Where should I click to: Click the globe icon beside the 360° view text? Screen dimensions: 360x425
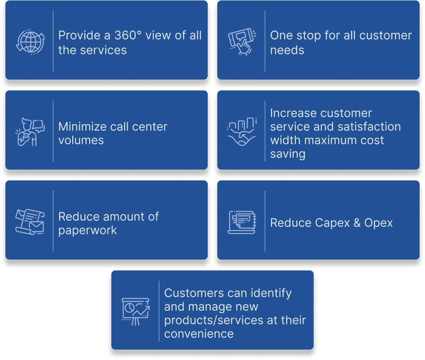pos(30,41)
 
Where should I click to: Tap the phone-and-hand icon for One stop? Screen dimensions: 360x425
pos(242,41)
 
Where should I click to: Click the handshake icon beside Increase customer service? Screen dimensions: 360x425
pos(242,132)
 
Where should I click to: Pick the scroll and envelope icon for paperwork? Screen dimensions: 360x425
pos(30,222)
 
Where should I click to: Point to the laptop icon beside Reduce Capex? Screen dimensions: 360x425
pos(242,222)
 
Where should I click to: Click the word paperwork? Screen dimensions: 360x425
pos(87,230)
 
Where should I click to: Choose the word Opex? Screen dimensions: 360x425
pos(378,223)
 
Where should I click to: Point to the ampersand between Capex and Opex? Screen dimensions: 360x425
pos(356,223)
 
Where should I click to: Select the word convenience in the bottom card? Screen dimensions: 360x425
pos(199,333)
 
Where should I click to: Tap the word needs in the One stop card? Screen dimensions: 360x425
pos(287,50)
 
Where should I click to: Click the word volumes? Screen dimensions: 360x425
pos(81,140)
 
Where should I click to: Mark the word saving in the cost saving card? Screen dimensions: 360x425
pos(287,154)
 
